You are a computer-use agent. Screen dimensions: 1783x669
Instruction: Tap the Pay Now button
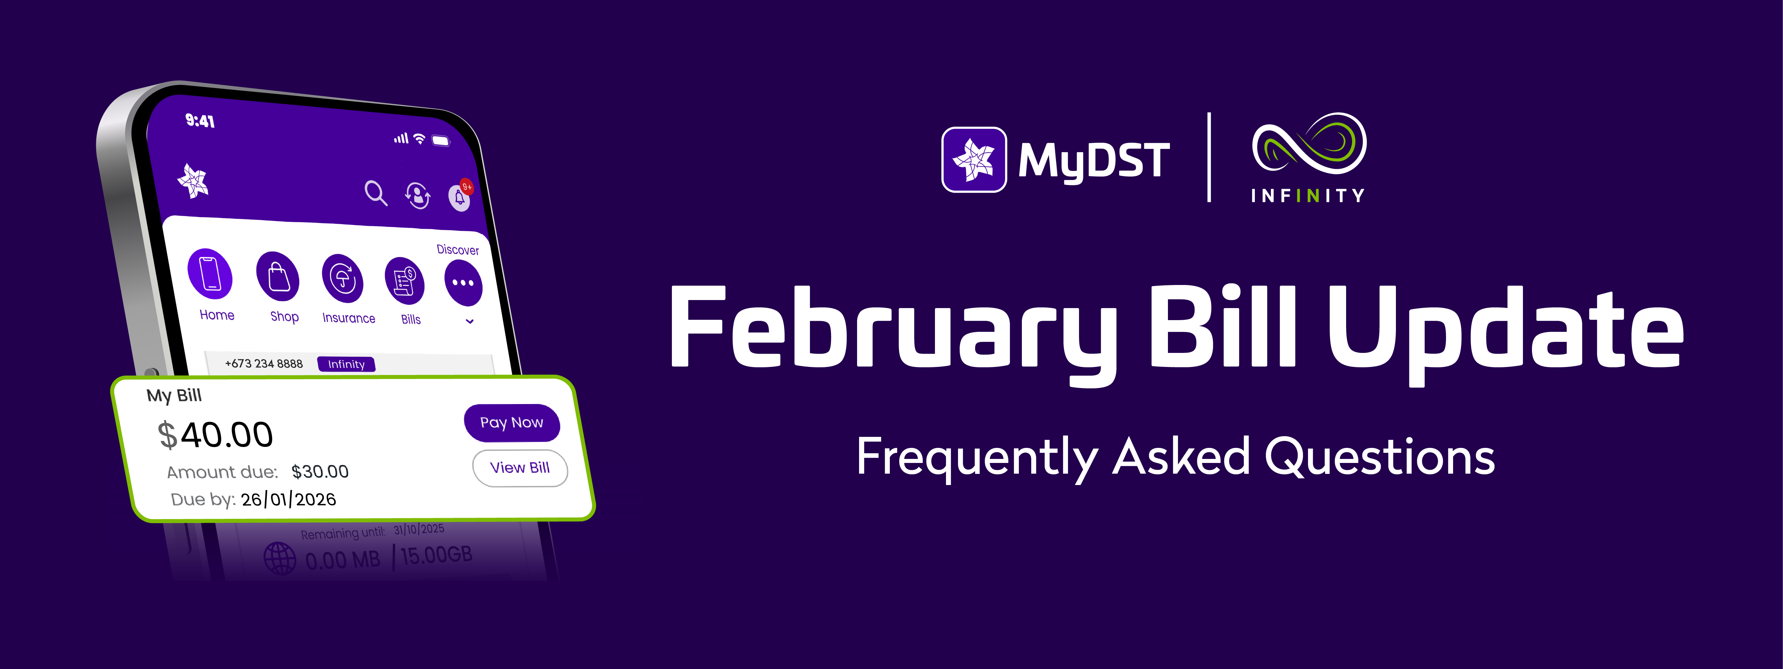click(x=511, y=422)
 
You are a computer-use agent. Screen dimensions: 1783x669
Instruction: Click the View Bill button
click(x=520, y=468)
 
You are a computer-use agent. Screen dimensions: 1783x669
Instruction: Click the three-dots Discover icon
click(x=463, y=283)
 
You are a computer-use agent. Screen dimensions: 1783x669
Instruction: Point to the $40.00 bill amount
click(x=215, y=435)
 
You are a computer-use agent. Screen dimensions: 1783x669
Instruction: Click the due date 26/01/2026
click(x=288, y=499)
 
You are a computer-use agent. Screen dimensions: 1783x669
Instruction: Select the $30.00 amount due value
click(x=320, y=472)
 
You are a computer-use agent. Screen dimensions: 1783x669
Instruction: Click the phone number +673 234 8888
click(x=264, y=364)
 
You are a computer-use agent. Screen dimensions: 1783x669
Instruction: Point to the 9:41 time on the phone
click(x=200, y=121)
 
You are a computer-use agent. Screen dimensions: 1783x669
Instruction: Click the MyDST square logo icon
click(x=974, y=159)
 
